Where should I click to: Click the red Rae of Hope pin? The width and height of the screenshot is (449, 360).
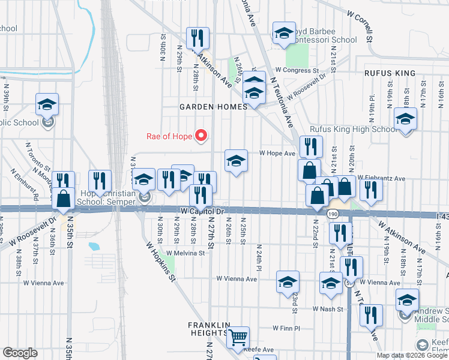tap(203, 136)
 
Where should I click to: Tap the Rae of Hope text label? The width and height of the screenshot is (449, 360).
tap(169, 136)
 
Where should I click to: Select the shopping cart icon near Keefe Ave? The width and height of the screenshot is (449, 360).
tap(238, 338)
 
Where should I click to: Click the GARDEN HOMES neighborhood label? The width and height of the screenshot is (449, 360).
tap(213, 107)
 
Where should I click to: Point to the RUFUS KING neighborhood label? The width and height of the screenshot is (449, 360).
tap(390, 73)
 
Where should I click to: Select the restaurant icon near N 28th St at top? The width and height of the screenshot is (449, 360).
tap(197, 38)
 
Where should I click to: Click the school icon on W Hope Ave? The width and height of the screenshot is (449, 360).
tap(237, 160)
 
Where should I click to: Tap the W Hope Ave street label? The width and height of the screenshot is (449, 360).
tap(277, 154)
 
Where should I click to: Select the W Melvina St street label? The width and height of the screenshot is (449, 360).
tap(185, 254)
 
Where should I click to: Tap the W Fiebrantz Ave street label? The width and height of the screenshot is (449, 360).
tap(381, 178)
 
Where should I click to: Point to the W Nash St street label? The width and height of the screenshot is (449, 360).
tap(327, 309)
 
